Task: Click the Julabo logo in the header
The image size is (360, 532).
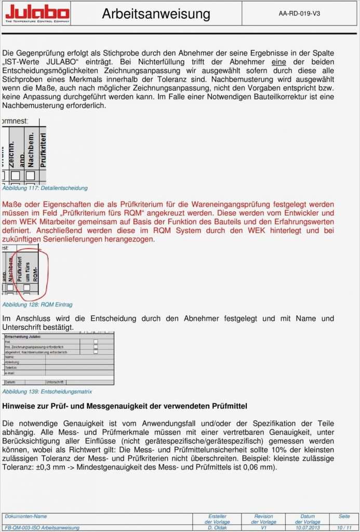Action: pos(37,14)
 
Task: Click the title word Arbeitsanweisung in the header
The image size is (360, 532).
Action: pos(156,14)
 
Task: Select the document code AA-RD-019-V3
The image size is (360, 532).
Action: pos(299,14)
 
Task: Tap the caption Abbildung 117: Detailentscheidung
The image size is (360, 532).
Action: pos(45,188)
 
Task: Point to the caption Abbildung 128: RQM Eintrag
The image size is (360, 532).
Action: pos(37,304)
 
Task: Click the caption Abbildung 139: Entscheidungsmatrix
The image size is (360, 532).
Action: pos(47,391)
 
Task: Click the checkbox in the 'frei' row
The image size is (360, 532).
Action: pos(96,341)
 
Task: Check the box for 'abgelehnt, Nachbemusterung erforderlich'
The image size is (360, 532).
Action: pos(96,352)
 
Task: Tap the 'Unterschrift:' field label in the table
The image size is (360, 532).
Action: pos(55,382)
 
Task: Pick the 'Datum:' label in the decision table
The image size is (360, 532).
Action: pos(10,382)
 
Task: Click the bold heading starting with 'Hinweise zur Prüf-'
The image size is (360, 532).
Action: pos(125,405)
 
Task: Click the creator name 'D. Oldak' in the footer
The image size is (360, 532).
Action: pos(218,527)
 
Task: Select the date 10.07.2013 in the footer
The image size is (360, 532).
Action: pos(308,527)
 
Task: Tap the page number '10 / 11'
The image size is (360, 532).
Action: pos(344,527)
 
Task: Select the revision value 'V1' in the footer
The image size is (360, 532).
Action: pos(263,527)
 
